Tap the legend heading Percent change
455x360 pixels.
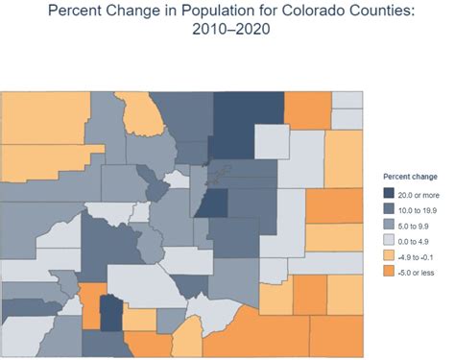[x=411, y=177]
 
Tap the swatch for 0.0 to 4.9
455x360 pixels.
[x=390, y=240]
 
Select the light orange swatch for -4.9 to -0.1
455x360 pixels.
[x=390, y=255]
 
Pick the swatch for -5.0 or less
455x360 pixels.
[x=390, y=272]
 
